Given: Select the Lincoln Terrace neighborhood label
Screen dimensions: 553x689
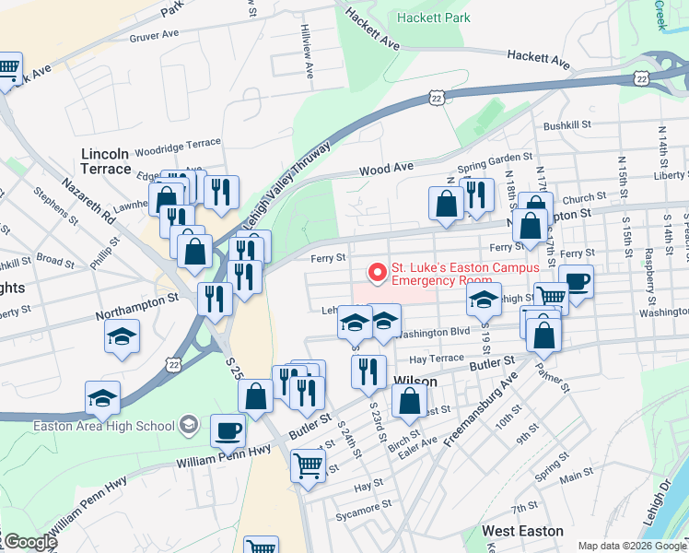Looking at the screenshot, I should coord(106,161).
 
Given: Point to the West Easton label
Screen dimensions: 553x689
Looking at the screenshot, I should coord(522,532).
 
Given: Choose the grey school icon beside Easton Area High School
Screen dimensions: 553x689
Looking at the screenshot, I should coord(189,425).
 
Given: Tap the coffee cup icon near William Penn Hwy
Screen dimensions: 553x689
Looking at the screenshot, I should coord(228,430).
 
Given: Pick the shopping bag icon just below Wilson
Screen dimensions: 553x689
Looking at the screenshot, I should coord(409,400).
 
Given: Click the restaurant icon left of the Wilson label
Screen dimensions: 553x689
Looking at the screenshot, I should coord(368,371).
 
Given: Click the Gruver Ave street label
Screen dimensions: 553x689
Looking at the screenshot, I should coord(154,39).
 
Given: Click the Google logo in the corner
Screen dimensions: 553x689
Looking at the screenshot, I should coord(30,542).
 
